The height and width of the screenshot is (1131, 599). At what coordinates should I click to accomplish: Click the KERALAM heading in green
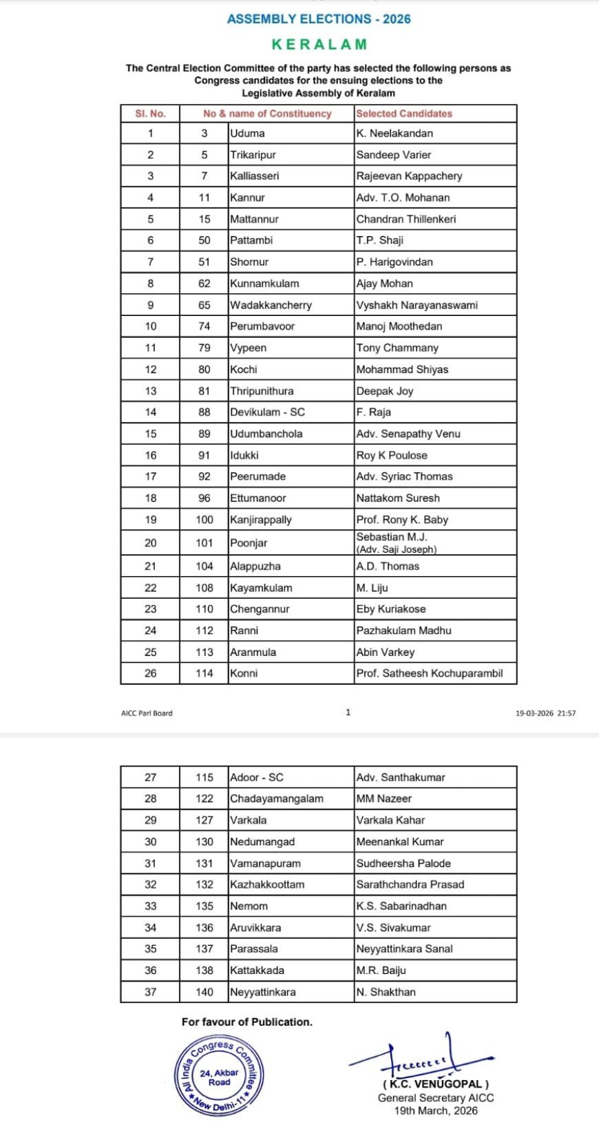[x=319, y=45]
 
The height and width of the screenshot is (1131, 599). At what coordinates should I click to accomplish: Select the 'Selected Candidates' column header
[x=404, y=114]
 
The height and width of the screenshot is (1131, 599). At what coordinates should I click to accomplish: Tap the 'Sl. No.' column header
[x=150, y=114]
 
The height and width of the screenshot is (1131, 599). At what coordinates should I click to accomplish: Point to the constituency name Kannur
[x=248, y=198]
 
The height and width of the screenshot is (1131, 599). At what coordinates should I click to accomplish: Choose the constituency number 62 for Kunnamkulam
[x=204, y=284]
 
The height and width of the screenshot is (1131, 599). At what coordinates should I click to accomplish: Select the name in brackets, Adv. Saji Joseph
[x=397, y=549]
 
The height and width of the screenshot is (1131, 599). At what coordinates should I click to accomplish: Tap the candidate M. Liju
[x=372, y=588]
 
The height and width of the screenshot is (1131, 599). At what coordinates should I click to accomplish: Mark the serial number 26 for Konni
[x=150, y=673]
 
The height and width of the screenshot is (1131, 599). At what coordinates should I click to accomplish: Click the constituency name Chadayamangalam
[x=277, y=799]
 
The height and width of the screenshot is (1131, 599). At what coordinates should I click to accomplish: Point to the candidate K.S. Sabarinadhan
[x=401, y=906]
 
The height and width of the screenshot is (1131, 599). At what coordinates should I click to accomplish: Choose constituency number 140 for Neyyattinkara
[x=204, y=992]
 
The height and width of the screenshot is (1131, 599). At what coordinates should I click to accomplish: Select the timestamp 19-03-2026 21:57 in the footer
[x=545, y=713]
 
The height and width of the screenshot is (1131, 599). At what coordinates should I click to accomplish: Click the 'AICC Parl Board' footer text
[x=147, y=713]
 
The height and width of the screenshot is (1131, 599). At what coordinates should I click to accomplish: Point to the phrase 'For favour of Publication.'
[x=246, y=1022]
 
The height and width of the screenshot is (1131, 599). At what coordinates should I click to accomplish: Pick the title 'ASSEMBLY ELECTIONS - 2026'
[x=319, y=19]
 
